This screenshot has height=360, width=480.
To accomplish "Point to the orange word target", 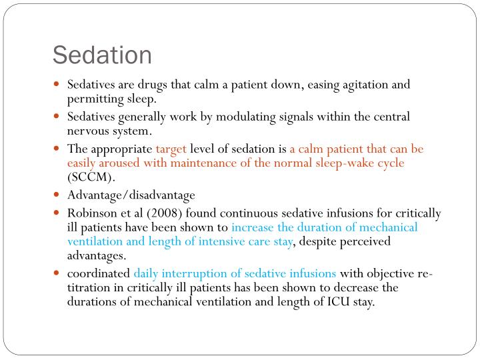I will [172, 149].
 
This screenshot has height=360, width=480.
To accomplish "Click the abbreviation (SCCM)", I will [91, 178].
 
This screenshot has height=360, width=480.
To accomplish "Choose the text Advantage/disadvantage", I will [131, 195].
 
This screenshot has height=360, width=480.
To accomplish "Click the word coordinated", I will [99, 273].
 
